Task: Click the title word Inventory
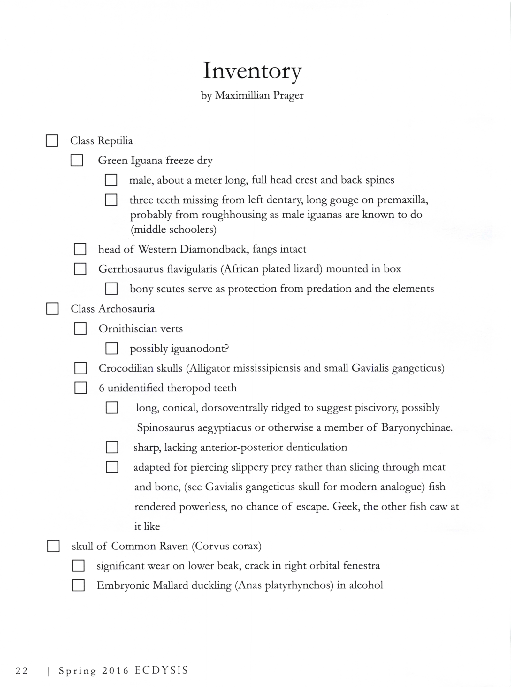252,71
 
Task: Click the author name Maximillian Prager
259,95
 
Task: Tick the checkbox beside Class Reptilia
52,140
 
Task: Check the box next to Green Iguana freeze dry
77,160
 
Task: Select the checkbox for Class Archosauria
52,309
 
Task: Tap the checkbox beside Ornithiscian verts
80,328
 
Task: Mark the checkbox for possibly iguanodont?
111,348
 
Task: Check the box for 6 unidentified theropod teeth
80,388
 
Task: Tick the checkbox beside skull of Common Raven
53,546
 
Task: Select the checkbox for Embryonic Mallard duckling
78,585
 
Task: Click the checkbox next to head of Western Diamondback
80,249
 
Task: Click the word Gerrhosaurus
128,269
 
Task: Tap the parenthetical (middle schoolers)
173,230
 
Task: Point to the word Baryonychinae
417,427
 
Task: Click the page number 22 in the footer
22,670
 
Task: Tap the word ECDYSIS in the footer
161,670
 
